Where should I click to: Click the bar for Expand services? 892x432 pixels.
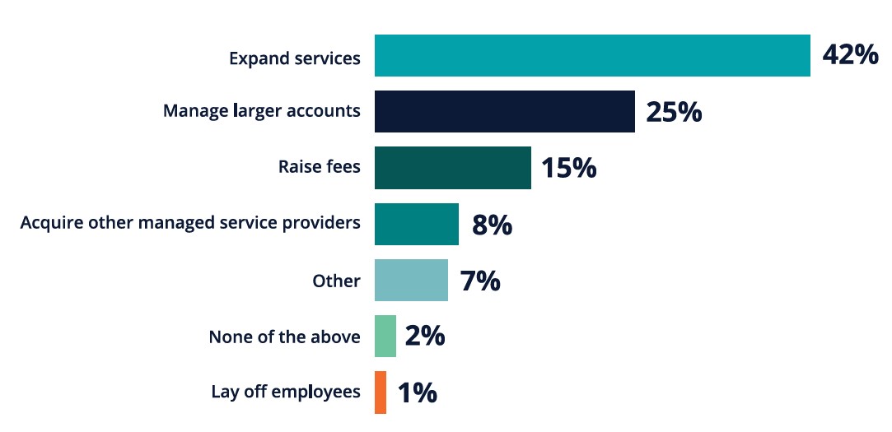tap(592, 56)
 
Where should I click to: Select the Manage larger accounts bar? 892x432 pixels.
tap(504, 112)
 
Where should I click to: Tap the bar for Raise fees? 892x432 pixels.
tap(452, 168)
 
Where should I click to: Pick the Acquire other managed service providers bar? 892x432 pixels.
tap(416, 224)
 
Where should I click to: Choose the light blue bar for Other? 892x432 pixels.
tap(411, 281)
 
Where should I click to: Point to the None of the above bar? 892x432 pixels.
tap(385, 337)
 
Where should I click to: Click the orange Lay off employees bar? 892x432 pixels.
tap(380, 393)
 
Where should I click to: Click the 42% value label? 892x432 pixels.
tap(850, 56)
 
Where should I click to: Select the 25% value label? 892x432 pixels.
tap(674, 112)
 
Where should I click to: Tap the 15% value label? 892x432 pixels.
tap(568, 168)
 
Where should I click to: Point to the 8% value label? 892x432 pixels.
tap(492, 225)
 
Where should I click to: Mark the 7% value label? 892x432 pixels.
tap(480, 281)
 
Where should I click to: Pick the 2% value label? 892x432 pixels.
tap(425, 337)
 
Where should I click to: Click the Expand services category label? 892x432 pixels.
tap(294, 58)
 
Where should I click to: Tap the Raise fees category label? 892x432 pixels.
tap(320, 167)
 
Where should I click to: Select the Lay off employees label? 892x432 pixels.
tap(286, 392)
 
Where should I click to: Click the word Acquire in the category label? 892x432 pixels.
tap(49, 223)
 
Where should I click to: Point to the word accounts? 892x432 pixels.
tap(324, 111)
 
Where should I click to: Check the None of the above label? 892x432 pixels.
tap(284, 337)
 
